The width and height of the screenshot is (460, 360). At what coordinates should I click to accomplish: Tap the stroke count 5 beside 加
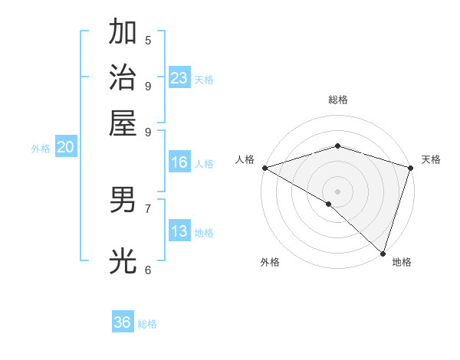pos(148,41)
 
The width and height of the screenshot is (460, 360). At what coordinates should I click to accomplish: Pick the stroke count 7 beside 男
pos(148,208)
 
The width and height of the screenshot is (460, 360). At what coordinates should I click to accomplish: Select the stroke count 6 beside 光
pos(148,269)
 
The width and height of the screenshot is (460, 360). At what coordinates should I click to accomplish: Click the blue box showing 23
pos(179,77)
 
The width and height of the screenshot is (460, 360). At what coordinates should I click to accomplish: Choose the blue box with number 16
pos(179,162)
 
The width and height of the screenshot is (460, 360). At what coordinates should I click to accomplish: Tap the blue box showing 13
pos(179,231)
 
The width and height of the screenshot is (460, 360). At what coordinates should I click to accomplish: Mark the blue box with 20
pos(65,148)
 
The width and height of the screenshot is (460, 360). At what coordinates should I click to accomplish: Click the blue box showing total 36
pos(123,322)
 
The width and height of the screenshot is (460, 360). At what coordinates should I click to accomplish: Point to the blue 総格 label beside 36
pos(147,324)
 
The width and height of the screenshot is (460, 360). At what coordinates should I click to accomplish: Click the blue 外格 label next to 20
pos(41,149)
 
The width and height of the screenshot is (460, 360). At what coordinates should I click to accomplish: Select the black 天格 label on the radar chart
pos(431,159)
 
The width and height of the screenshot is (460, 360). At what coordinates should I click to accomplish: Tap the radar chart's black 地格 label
pos(402,263)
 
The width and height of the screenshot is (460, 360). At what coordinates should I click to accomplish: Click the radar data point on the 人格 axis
pos(264,168)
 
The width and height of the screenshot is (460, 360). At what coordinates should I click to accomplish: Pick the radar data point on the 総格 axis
pos(337,146)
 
